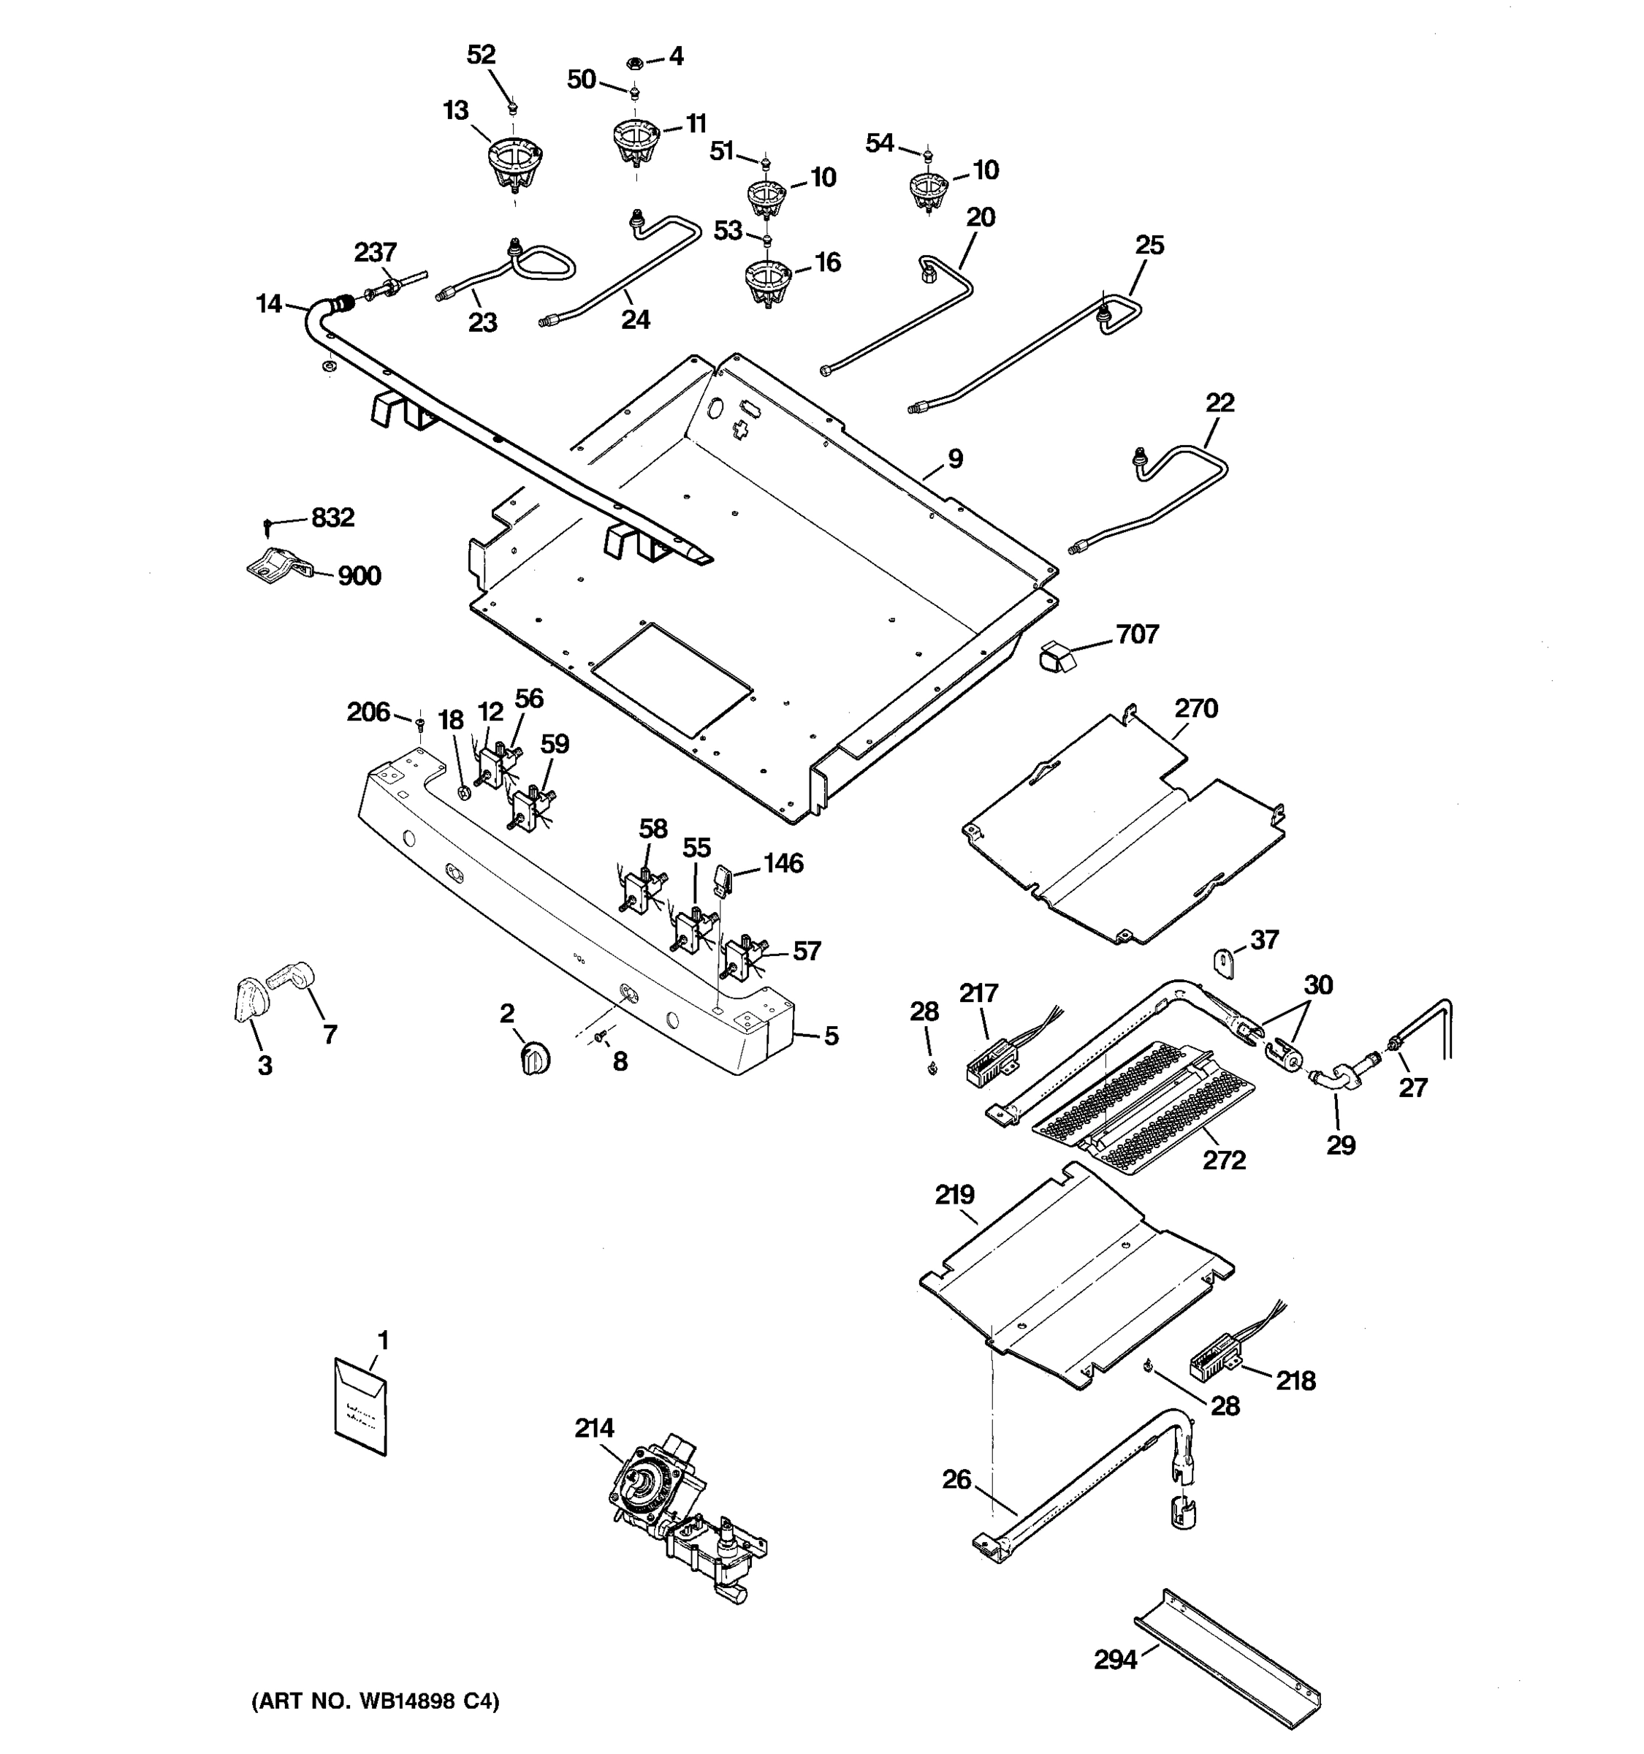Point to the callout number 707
[x=1137, y=634]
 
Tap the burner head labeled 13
[x=514, y=165]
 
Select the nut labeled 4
[x=633, y=63]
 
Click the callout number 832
[x=332, y=517]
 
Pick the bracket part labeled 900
[x=277, y=566]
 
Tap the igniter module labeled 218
[x=1213, y=1367]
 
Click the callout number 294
[x=1116, y=1660]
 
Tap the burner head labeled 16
[x=767, y=281]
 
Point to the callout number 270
[x=1196, y=707]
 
